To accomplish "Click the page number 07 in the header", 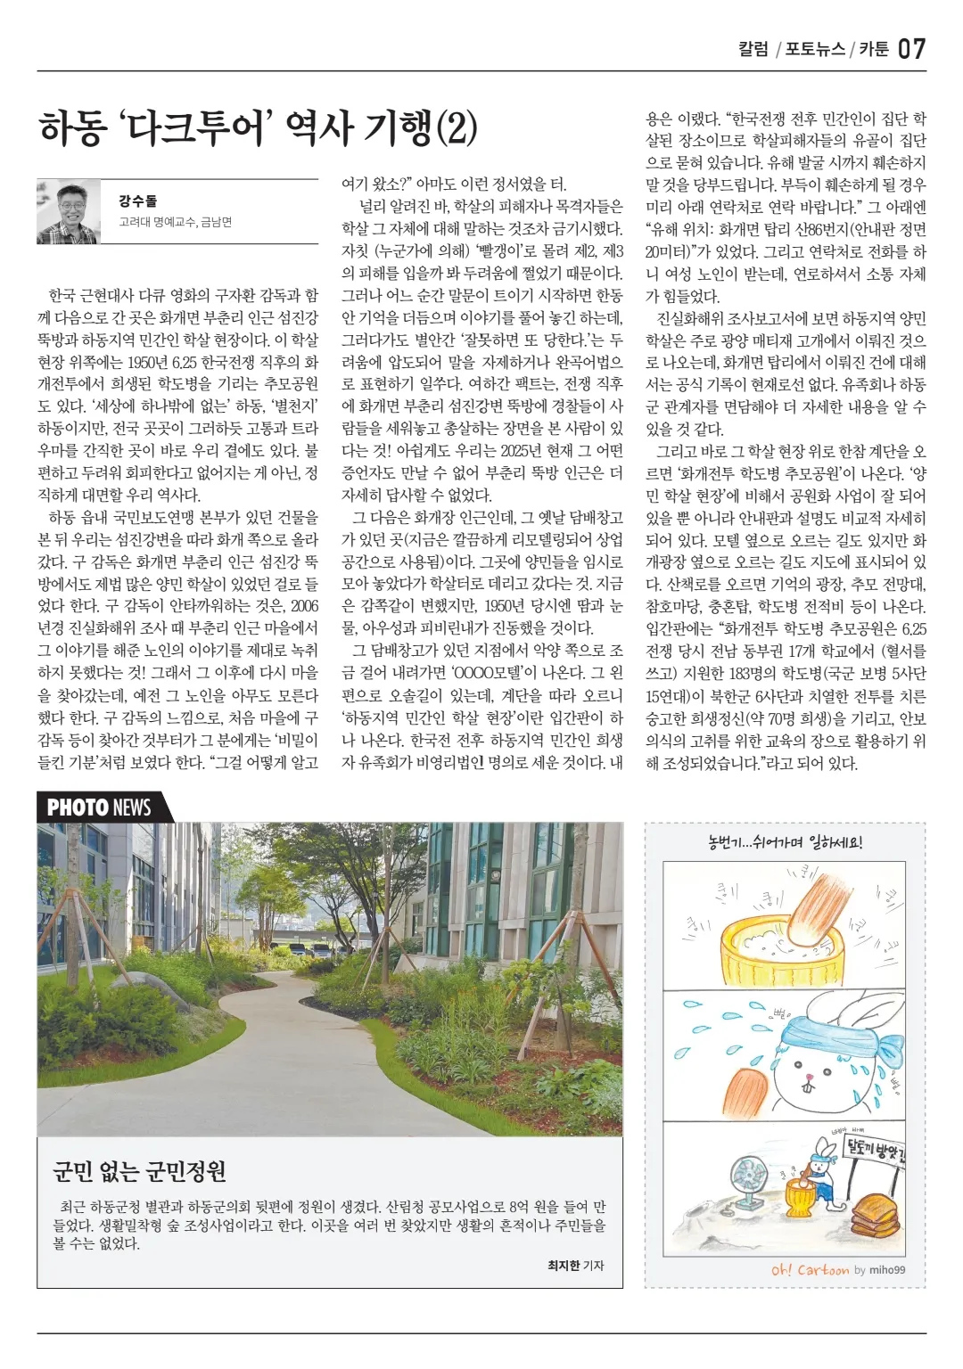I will pos(911,48).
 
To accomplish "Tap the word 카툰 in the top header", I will pos(875,49).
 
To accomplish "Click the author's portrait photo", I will pos(68,211).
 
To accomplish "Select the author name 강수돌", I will pos(137,201).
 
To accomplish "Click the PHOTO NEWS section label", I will pos(99,807).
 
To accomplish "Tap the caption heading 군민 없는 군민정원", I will pos(140,1169).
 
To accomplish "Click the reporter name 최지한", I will pos(564,1265).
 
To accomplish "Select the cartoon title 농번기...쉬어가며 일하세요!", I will pos(785,841).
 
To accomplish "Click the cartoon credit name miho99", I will pos(886,1270).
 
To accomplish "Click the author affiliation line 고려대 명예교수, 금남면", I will pos(175,222).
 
